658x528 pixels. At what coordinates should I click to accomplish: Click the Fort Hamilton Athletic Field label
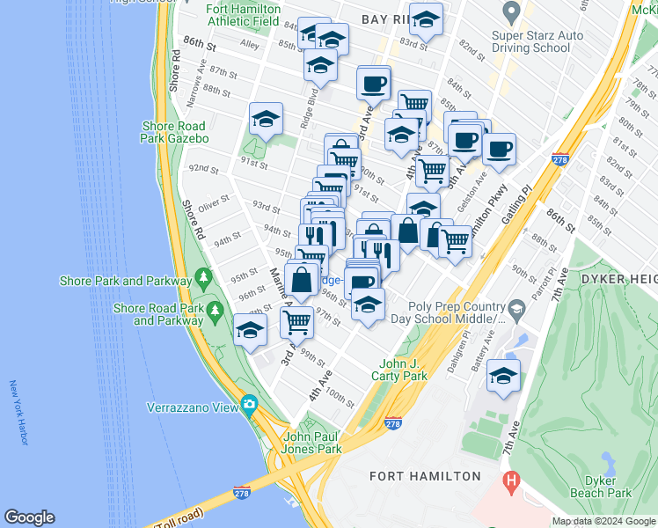[244, 15]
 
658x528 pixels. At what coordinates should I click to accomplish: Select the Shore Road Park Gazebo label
[175, 132]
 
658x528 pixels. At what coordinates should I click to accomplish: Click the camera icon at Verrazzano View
[250, 406]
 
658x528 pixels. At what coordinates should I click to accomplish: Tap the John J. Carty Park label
[403, 370]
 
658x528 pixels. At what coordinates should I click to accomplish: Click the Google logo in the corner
[29, 517]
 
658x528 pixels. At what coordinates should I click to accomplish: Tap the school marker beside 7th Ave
[503, 375]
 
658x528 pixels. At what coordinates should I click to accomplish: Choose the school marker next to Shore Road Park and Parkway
[251, 330]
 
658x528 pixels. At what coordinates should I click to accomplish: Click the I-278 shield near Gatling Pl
[559, 159]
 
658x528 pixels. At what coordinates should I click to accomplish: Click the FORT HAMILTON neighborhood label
[425, 476]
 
